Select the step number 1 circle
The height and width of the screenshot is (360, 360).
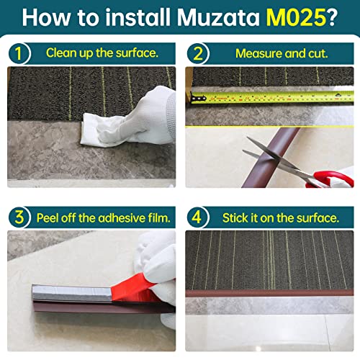coord(19,53)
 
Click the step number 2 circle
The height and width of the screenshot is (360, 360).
coord(197,53)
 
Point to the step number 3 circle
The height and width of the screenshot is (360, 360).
coord(19,217)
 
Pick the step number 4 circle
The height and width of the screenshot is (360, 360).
coord(197,217)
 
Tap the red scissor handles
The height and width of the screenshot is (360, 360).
coord(328,175)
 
